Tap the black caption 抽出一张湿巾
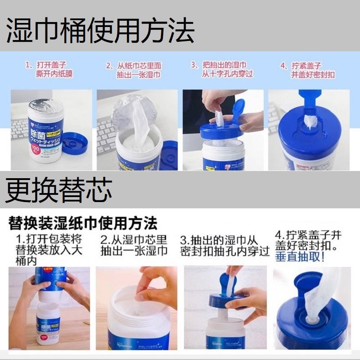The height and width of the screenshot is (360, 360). tap(134, 251)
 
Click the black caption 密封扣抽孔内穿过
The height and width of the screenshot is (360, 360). tap(225, 251)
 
